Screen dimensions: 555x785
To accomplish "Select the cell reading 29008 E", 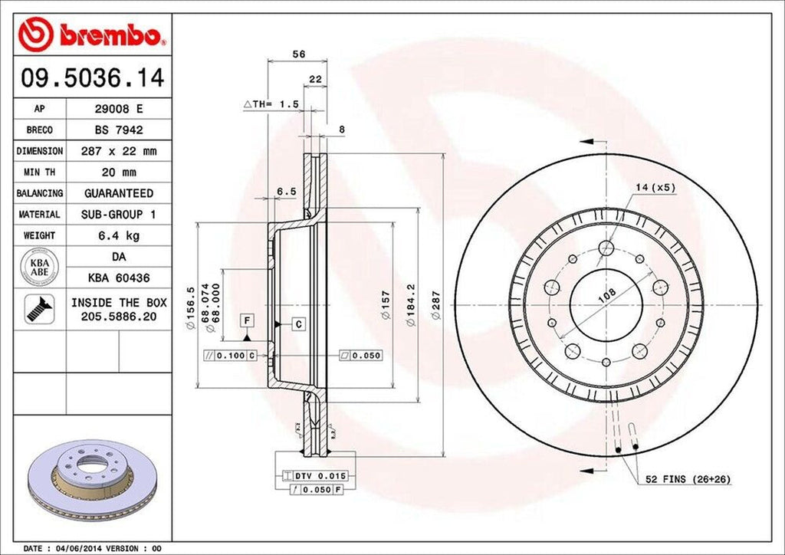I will pos(117,109).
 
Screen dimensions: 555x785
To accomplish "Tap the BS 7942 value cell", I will pos(117,130).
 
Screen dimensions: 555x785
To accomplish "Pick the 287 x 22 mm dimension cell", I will pos(117,152).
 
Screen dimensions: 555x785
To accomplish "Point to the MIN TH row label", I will pos(40,172).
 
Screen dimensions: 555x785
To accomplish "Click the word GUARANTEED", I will pos(117,193).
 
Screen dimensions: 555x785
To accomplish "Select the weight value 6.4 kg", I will pos(117,235).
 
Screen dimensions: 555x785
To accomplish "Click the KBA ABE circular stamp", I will pos(40,266).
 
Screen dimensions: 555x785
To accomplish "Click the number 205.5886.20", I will pos(118,315).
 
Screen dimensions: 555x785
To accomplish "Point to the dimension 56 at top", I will pos(300,54).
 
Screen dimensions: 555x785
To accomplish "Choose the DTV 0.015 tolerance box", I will pos(315,476).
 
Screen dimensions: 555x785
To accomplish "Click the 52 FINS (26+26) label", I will pos(688,479).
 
